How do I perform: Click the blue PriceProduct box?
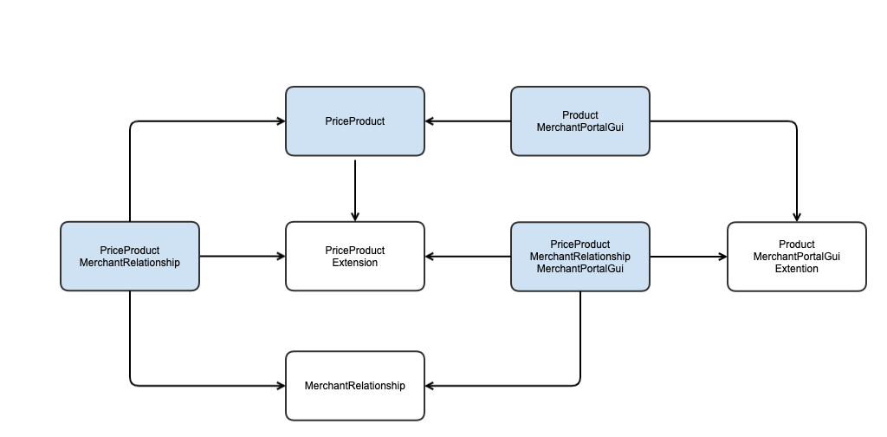tap(355, 121)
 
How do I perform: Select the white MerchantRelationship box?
tap(355, 386)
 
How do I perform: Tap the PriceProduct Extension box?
tap(355, 257)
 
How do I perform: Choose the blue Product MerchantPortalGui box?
tap(580, 121)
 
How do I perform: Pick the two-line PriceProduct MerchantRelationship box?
tap(130, 257)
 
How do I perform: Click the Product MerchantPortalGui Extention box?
tap(797, 257)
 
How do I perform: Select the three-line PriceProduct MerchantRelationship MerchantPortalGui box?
tap(580, 257)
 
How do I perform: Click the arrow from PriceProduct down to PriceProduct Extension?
tap(355, 186)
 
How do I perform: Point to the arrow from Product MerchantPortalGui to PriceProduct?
tap(468, 121)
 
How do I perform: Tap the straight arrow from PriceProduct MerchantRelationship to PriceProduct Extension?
tap(243, 257)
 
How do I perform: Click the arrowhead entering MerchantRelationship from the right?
tap(431, 386)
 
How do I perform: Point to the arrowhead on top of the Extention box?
tap(797, 216)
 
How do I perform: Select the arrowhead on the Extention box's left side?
tap(722, 257)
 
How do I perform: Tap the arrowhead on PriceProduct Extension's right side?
tap(431, 257)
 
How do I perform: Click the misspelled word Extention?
tap(797, 269)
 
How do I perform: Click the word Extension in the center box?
tap(355, 263)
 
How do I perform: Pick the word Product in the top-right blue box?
tap(580, 115)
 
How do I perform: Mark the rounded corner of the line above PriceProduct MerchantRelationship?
tap(133, 124)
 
